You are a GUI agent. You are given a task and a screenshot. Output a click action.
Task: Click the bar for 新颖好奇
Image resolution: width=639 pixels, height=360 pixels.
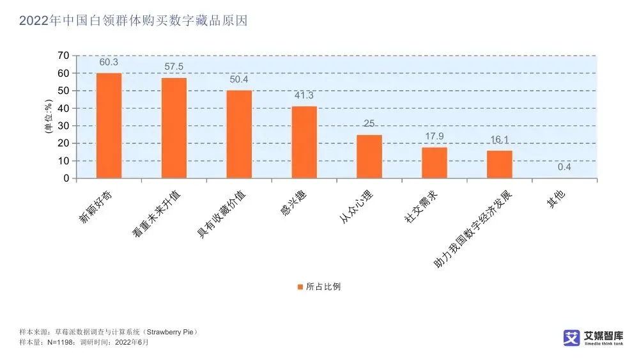click(x=109, y=125)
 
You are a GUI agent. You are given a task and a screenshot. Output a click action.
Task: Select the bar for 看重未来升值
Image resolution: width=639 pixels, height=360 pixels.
click(x=174, y=128)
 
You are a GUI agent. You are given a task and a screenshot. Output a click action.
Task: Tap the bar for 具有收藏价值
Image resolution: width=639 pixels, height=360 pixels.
click(x=239, y=134)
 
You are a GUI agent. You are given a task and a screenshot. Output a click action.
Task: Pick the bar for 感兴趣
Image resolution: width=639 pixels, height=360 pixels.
click(x=304, y=142)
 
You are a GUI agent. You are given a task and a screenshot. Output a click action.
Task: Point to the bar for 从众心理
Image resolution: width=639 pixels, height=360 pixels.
click(x=369, y=157)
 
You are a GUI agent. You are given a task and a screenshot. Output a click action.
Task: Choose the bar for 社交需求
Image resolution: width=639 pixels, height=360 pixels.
click(x=435, y=163)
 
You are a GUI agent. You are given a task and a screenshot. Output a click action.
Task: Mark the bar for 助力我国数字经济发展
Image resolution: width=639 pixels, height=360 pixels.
click(x=500, y=164)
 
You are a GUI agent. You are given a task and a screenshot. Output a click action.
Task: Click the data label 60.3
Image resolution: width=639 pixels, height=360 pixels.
click(x=109, y=62)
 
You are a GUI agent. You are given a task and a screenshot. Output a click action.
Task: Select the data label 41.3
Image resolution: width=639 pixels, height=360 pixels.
click(x=304, y=95)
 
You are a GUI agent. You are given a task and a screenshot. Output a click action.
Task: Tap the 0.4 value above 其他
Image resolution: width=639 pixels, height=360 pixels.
click(x=564, y=168)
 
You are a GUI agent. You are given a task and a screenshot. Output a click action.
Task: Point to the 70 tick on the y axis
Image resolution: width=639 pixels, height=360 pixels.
click(x=63, y=56)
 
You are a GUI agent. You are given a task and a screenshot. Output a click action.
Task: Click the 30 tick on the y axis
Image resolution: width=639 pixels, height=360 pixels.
click(x=63, y=126)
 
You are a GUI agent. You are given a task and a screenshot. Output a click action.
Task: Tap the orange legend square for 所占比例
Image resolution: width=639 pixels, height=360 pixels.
click(x=299, y=286)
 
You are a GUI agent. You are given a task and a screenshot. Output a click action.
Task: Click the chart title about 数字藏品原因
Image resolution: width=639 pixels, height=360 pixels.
click(x=133, y=21)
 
